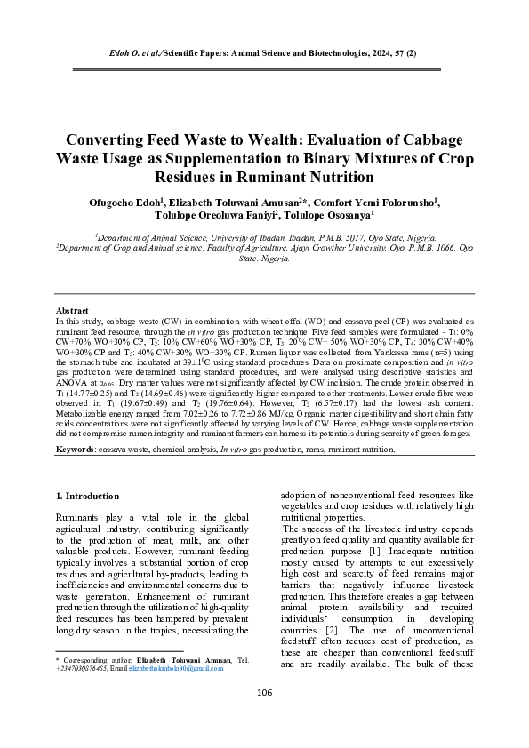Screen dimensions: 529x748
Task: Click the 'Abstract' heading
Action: (73, 310)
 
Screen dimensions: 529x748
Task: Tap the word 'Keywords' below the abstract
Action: (76, 450)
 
